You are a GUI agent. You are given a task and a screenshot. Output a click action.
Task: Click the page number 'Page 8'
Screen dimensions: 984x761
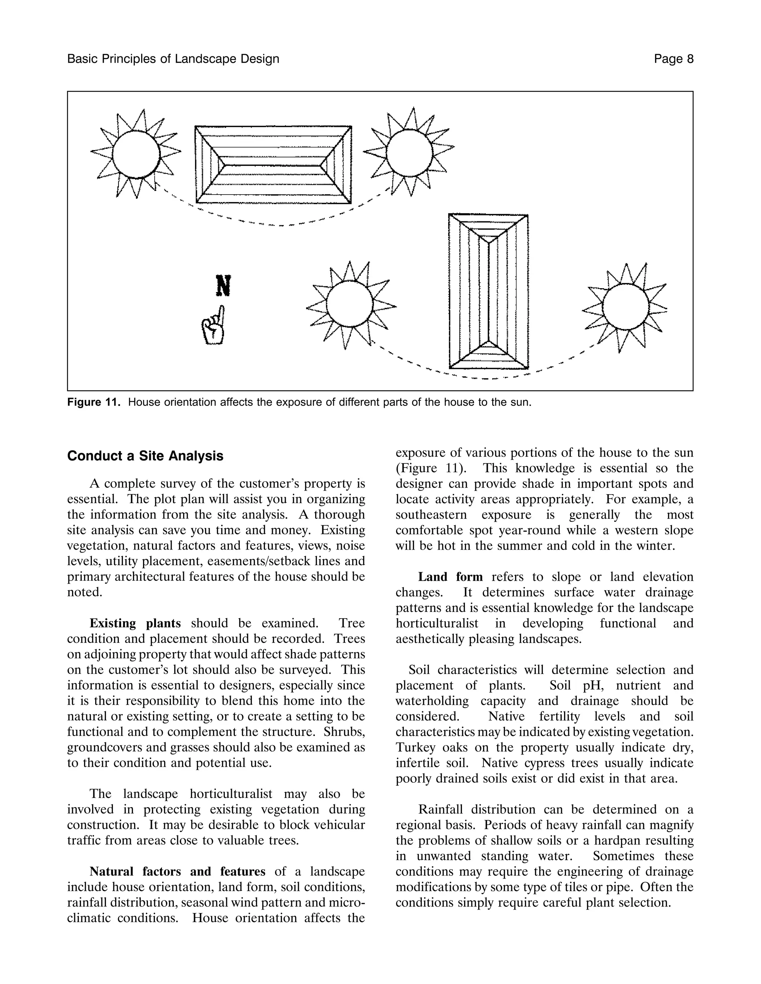(674, 59)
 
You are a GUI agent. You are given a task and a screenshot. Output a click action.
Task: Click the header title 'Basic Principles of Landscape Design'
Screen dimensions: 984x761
(173, 59)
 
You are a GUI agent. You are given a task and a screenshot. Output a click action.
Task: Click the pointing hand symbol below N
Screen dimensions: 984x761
(214, 326)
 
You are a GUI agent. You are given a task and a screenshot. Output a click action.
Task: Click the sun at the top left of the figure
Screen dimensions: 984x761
(136, 154)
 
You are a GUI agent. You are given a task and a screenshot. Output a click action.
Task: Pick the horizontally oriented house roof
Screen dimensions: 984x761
(273, 164)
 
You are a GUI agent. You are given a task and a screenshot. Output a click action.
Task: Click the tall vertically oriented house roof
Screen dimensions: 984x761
(488, 291)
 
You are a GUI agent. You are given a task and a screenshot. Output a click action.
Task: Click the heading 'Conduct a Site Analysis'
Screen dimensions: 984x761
(145, 456)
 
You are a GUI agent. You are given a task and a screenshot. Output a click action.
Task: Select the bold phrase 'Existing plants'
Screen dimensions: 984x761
(135, 623)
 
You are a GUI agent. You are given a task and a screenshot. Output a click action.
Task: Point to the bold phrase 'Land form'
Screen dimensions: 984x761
(450, 577)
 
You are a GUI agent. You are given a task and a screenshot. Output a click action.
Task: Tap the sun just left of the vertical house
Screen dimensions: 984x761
(350, 304)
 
